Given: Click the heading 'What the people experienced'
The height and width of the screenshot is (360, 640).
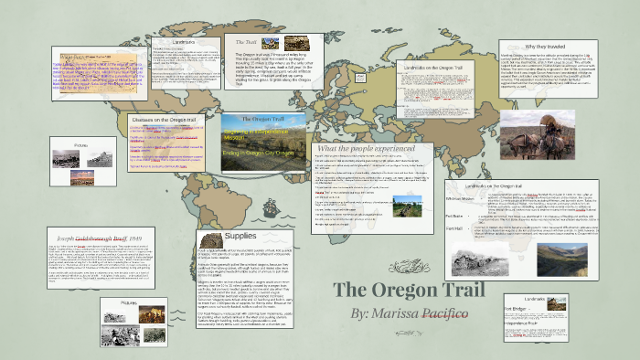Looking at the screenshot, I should point(360,147).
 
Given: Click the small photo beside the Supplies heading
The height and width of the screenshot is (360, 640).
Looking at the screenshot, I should point(208,237).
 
